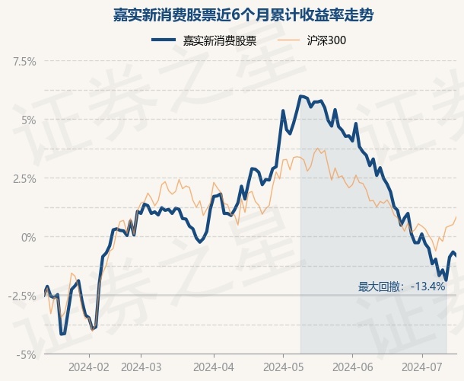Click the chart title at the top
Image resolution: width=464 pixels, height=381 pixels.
click(243, 15)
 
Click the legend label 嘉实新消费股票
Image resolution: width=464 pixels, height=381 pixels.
click(220, 40)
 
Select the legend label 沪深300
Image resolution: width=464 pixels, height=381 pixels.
click(326, 40)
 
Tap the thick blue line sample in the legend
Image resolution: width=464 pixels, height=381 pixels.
click(164, 40)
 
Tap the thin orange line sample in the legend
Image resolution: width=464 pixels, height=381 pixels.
click(288, 40)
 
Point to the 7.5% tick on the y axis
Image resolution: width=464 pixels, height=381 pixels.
click(24, 62)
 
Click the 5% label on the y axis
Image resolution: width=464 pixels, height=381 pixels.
click(29, 120)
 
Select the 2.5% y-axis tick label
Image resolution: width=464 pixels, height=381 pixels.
click(24, 179)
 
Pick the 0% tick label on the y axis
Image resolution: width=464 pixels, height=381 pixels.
click(29, 238)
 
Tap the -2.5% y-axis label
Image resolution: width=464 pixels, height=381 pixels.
click(23, 296)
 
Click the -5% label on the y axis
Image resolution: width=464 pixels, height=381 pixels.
click(27, 354)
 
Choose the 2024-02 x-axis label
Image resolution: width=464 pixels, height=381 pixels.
click(89, 367)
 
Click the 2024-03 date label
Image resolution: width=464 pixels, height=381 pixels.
click(141, 367)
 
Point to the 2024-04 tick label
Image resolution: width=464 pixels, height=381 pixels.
click(214, 367)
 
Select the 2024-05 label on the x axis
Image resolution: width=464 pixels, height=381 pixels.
click(283, 367)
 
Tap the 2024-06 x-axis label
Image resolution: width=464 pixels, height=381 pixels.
click(353, 367)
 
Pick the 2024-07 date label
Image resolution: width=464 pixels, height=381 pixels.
click(422, 367)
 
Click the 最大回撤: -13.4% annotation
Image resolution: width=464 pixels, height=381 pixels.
click(402, 287)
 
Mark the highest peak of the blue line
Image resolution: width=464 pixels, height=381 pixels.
click(300, 96)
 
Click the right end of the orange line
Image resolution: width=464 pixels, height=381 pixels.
click(456, 217)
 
